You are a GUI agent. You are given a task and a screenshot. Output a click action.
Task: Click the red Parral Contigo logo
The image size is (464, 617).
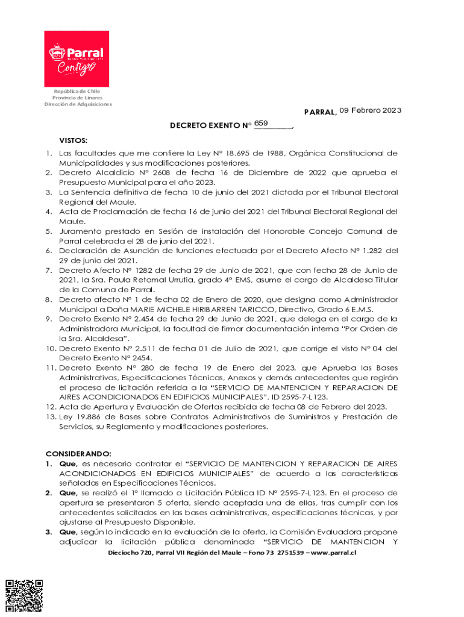click(x=77, y=58)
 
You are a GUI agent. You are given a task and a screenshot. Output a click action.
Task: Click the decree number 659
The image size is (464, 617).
click(x=261, y=123)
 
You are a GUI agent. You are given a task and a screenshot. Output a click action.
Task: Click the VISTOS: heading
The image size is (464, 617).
click(x=74, y=139)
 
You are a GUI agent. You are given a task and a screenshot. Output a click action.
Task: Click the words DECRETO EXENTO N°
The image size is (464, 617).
click(x=210, y=126)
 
